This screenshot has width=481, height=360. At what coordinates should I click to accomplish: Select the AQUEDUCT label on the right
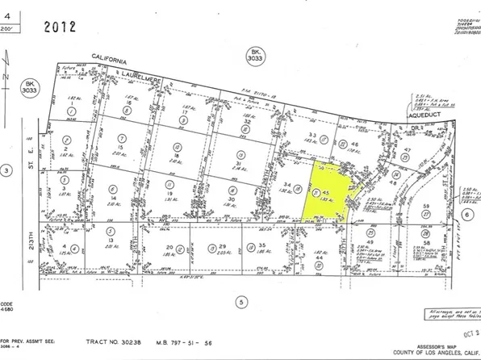click(420, 115)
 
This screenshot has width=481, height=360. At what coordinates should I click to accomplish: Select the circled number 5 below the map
click(240, 302)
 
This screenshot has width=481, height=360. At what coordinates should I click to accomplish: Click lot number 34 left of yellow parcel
click(289, 186)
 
